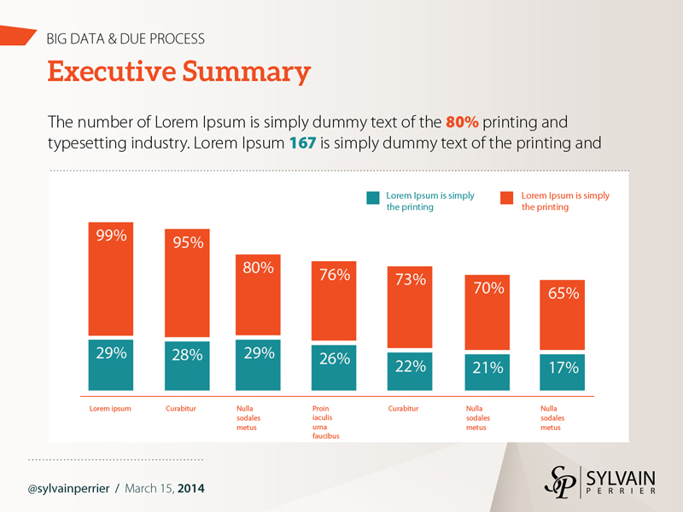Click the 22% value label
pyautogui.click(x=411, y=366)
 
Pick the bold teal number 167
pyautogui.click(x=302, y=143)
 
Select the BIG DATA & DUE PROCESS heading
pyautogui.click(x=125, y=38)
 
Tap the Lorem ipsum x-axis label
pyautogui.click(x=110, y=409)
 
